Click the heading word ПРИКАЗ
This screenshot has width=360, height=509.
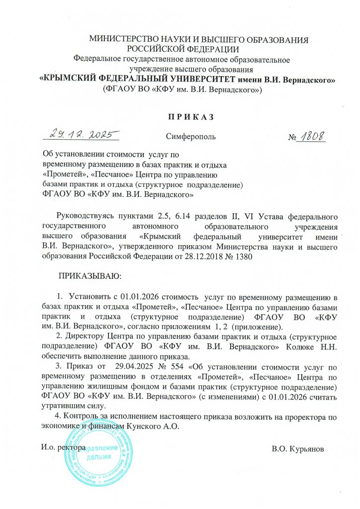tap(180, 117)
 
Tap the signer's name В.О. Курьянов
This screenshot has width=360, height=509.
tap(298, 449)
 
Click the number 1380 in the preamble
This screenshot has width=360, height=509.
tap(243, 256)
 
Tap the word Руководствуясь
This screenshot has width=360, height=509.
tap(85, 217)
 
